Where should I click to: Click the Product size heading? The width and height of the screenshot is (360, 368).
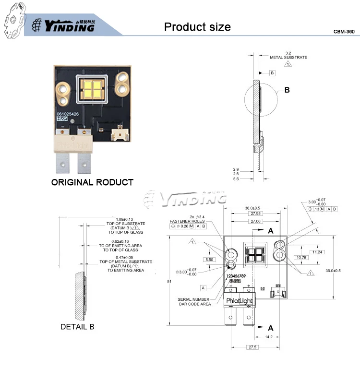click(197, 26)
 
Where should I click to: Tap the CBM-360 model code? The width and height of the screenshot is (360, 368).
click(344, 31)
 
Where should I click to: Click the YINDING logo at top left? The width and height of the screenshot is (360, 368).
click(62, 25)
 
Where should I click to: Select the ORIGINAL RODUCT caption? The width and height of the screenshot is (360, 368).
click(92, 182)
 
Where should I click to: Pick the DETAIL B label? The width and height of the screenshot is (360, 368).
click(77, 327)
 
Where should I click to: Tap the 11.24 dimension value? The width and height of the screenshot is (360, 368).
click(316, 251)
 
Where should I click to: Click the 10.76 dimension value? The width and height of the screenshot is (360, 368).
click(301, 257)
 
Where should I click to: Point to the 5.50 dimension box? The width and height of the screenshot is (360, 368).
click(209, 259)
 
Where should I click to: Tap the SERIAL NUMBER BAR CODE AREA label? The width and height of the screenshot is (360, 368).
click(194, 301)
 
